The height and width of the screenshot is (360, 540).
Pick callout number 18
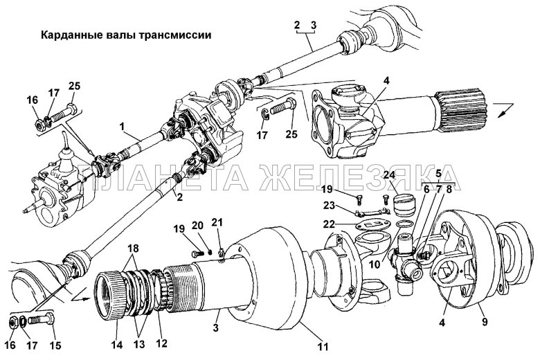(x=132, y=247)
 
